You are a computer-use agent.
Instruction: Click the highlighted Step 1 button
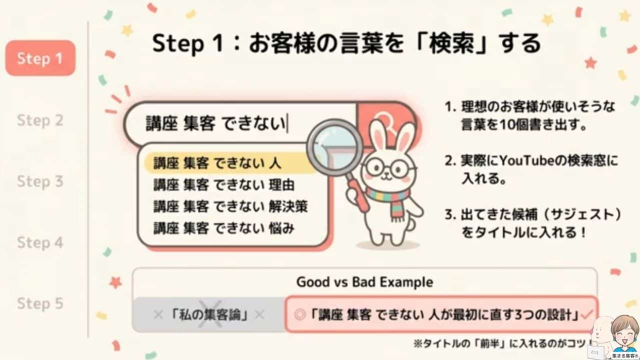coord(40,58)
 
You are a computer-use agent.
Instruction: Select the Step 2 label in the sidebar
coord(40,120)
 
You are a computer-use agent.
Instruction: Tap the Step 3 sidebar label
coord(40,181)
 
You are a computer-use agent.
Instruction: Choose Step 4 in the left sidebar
coord(40,243)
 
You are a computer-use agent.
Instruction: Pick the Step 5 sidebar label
coord(40,303)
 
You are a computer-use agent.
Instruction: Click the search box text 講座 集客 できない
coord(215,123)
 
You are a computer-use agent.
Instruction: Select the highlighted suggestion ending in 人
coord(217,163)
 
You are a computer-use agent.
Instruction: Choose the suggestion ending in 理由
coord(223,185)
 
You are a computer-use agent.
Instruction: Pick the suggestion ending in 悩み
coord(223,228)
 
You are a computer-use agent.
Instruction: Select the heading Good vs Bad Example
coord(364,282)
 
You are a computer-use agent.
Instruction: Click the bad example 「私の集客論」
coord(208,315)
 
